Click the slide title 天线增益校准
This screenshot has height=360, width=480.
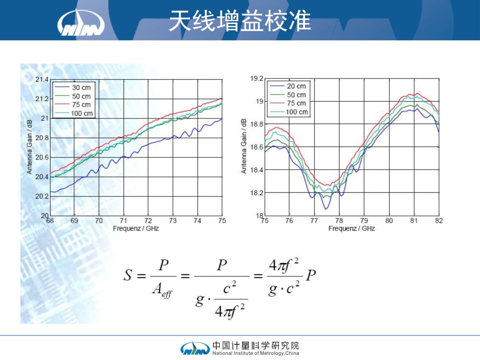coord(240,21)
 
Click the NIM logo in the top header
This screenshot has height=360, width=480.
coord(81,23)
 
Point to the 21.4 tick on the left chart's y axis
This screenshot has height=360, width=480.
coord(42,80)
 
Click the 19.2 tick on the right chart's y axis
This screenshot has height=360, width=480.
coord(257,78)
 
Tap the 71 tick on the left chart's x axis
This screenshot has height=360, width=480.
coord(124,221)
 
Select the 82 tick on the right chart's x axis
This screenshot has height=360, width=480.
coord(439,221)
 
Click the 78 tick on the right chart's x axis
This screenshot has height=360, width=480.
coord(339,221)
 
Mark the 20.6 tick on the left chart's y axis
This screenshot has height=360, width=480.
coord(42,157)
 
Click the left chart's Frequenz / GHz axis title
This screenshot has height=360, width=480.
coord(136,228)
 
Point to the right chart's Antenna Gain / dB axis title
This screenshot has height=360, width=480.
coord(244,146)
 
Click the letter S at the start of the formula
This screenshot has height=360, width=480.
coord(128,275)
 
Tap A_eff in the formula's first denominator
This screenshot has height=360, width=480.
coord(162,290)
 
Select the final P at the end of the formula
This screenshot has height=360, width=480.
coord(311,275)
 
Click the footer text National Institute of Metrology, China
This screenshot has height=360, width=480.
coord(256,353)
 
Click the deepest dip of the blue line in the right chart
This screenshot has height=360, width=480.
coord(326,209)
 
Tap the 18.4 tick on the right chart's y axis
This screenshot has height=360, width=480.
coord(257,170)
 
